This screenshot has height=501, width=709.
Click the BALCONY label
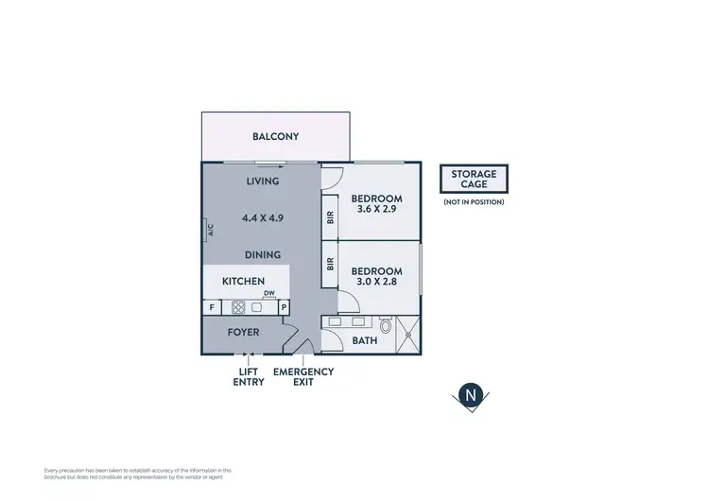click(275, 137)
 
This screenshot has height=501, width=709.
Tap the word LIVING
click(262, 181)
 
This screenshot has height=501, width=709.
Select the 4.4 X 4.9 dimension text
click(262, 217)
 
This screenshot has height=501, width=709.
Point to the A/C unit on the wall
click(210, 229)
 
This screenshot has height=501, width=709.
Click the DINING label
click(262, 255)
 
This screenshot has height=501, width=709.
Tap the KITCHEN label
click(243, 282)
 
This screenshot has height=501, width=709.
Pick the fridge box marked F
click(211, 307)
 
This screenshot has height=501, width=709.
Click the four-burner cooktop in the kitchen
click(238, 307)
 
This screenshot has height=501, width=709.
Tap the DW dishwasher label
click(269, 294)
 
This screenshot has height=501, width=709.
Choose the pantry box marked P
click(283, 307)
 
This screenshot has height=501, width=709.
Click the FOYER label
click(243, 333)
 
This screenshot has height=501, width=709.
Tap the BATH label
click(365, 340)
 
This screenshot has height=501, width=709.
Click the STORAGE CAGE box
click(474, 179)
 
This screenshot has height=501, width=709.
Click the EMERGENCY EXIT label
click(303, 377)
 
